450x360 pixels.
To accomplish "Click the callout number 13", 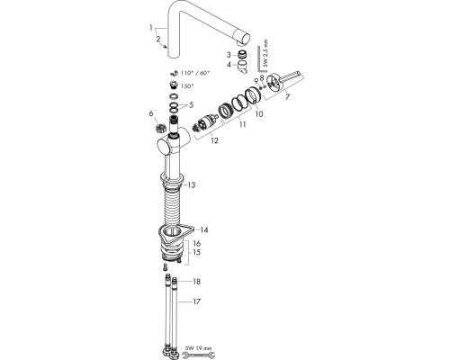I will point(191,184).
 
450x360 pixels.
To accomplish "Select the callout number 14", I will point(204,230).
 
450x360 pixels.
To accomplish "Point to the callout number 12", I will point(212,140).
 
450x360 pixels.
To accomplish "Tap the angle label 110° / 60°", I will point(196,70).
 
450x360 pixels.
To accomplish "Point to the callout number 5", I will point(191,104).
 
